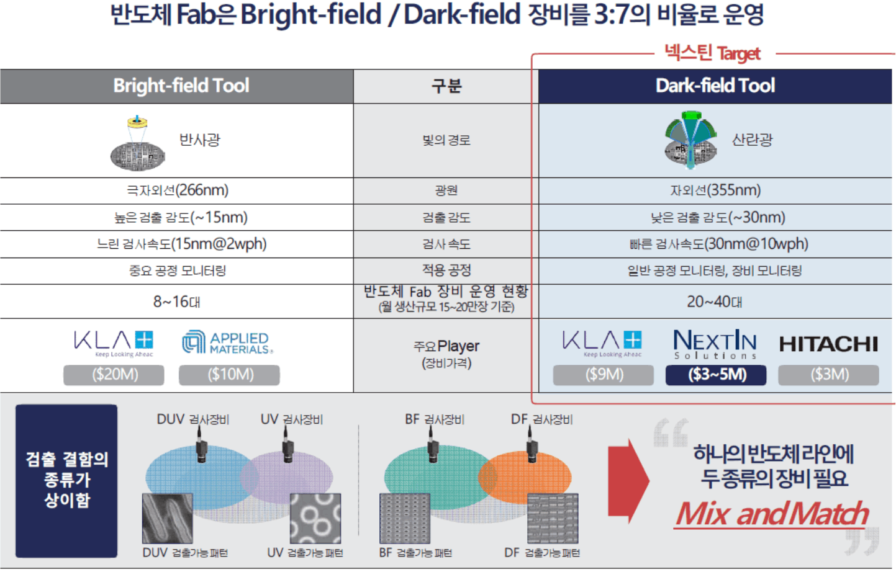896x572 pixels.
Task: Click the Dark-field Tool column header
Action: click(x=715, y=86)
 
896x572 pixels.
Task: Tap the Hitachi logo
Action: click(x=828, y=344)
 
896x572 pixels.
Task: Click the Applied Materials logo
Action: click(x=228, y=342)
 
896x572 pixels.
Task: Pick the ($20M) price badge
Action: click(x=114, y=375)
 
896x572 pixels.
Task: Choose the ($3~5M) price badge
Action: click(x=716, y=375)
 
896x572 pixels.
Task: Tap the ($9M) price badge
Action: click(x=604, y=375)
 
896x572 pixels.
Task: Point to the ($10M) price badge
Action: click(x=229, y=375)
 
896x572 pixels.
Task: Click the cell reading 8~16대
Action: click(x=177, y=302)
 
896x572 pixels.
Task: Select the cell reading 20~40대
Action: click(x=715, y=302)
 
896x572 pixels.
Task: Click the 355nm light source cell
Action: click(x=715, y=190)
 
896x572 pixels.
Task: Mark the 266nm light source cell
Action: click(x=178, y=190)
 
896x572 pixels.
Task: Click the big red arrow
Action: click(x=628, y=481)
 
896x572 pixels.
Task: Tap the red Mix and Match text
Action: click(x=772, y=514)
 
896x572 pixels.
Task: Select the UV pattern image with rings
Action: click(x=315, y=519)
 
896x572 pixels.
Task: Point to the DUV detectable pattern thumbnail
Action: click(x=168, y=519)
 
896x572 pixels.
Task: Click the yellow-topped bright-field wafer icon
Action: click(x=138, y=144)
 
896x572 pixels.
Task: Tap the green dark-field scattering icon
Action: click(x=691, y=140)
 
